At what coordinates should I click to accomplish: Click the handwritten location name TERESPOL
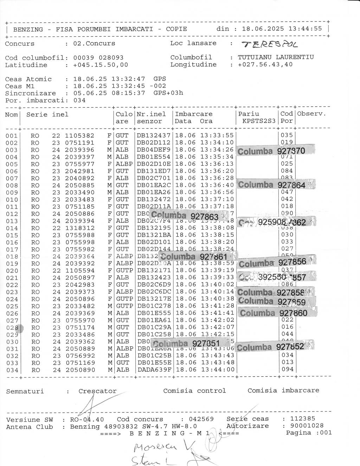coord(269,45)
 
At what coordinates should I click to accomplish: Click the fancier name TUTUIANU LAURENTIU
coord(276,57)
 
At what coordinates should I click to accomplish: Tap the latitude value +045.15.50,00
coord(101,65)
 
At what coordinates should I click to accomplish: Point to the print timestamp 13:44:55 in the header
coord(305,28)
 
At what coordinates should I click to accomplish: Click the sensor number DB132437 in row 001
coord(154,135)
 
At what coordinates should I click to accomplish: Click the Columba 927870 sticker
coord(271,151)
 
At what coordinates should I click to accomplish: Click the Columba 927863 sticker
coord(185,216)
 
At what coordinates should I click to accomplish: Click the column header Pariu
coord(249,114)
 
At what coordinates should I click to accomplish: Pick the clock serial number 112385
coord(303,419)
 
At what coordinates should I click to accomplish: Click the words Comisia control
coord(194,391)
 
